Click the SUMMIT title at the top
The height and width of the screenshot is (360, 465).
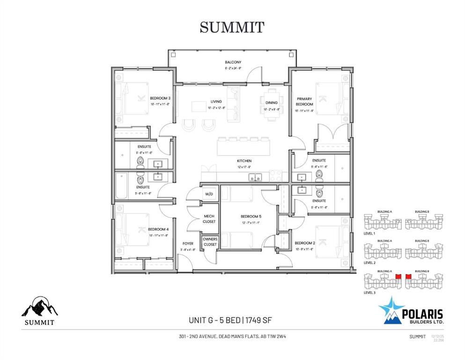click(232, 27)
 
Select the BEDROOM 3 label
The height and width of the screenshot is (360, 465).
click(160, 98)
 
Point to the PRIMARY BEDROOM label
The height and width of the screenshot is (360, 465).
click(304, 101)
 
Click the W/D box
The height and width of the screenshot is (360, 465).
click(208, 194)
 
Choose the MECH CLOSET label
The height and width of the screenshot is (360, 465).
click(209, 219)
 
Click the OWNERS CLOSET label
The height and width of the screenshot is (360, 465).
click(210, 242)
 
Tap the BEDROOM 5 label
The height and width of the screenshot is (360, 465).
click(251, 216)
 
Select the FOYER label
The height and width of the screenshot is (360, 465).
click(187, 244)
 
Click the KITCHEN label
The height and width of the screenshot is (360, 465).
click(244, 161)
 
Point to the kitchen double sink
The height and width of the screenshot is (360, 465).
click(255, 177)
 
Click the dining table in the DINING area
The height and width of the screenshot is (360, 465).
click(272, 103)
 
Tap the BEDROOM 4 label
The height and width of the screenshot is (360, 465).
click(158, 229)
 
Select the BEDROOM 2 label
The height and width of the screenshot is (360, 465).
click(304, 243)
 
